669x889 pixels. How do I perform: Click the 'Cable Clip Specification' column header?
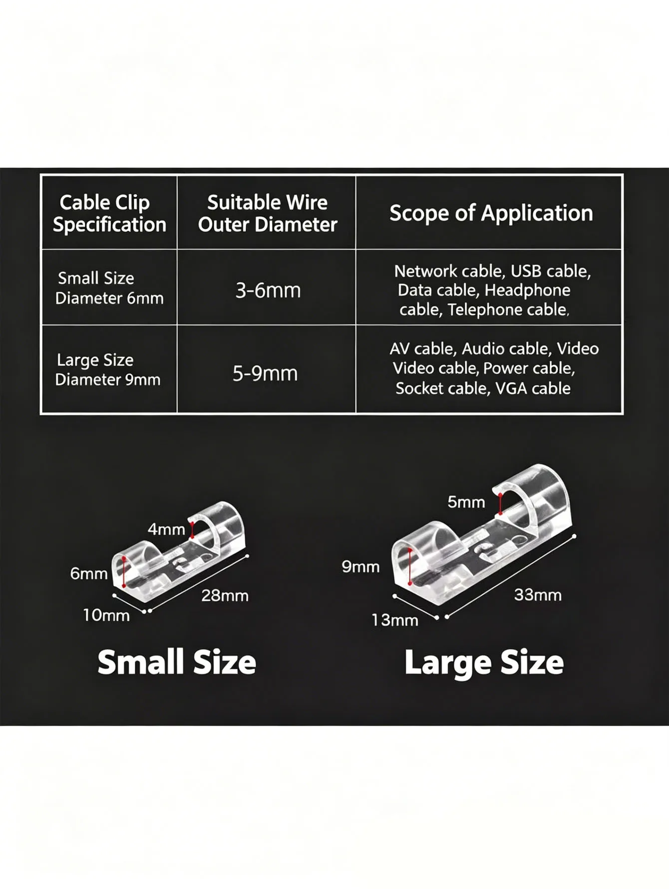[x=109, y=213]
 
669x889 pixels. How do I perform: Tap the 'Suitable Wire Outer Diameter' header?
[x=268, y=213]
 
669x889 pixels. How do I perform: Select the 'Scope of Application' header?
[x=491, y=213]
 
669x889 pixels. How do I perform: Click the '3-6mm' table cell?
[x=268, y=290]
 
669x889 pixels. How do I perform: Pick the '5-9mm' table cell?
[x=265, y=373]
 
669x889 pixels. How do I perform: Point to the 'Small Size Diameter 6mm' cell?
[x=109, y=288]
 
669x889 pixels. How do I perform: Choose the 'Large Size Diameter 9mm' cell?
[x=108, y=370]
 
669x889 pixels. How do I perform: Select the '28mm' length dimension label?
[x=225, y=595]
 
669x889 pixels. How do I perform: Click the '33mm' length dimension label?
[x=538, y=595]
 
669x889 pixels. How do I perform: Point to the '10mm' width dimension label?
[x=106, y=615]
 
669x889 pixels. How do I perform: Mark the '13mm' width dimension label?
[x=395, y=620]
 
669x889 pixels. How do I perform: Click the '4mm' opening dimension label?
[x=166, y=529]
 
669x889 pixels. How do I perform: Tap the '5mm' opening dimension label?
[x=466, y=502]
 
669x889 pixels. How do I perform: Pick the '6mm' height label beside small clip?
[x=89, y=573]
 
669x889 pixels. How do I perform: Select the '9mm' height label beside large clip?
[x=360, y=566]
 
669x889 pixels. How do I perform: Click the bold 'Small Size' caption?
[x=177, y=662]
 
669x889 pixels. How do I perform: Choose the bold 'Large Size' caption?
[x=484, y=662]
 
